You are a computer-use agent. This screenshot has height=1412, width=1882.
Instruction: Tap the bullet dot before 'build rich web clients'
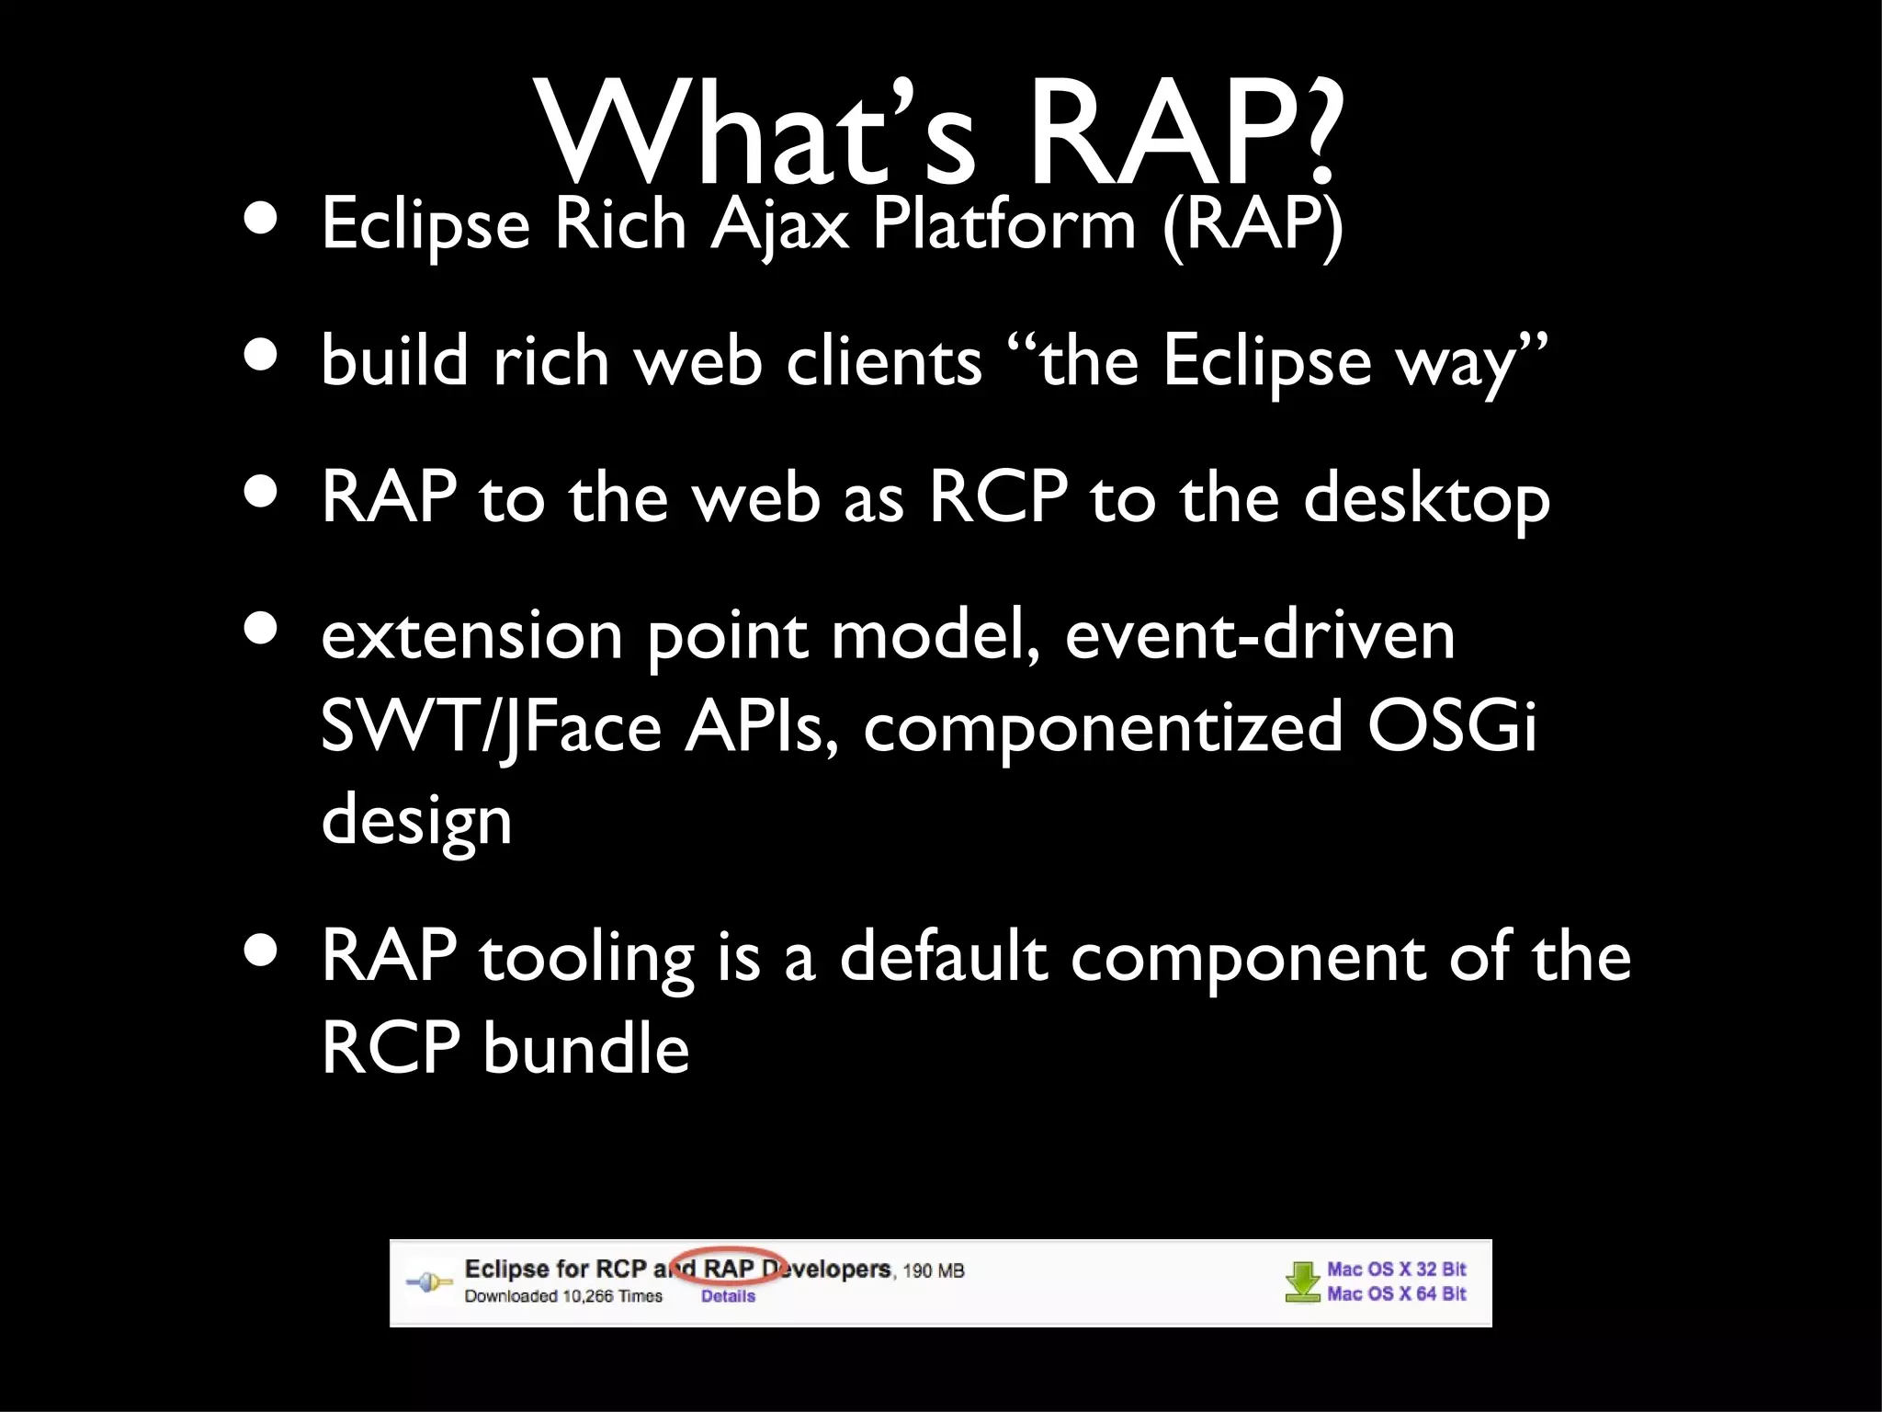point(262,357)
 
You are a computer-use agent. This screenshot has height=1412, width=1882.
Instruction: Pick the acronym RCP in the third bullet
point(998,496)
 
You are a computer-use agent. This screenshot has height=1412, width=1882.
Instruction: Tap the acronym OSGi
point(1452,726)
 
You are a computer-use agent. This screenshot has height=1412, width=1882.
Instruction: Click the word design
point(415,820)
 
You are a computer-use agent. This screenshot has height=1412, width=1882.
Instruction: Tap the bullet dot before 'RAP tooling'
point(262,953)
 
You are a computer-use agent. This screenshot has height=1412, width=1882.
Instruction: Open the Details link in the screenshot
point(728,1296)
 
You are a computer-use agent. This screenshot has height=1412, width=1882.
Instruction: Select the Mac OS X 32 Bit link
point(1396,1270)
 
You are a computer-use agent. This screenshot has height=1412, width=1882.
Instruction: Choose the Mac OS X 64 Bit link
point(1396,1293)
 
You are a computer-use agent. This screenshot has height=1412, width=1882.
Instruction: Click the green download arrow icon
point(1302,1281)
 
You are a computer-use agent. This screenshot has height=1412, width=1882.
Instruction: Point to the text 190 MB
point(934,1271)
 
